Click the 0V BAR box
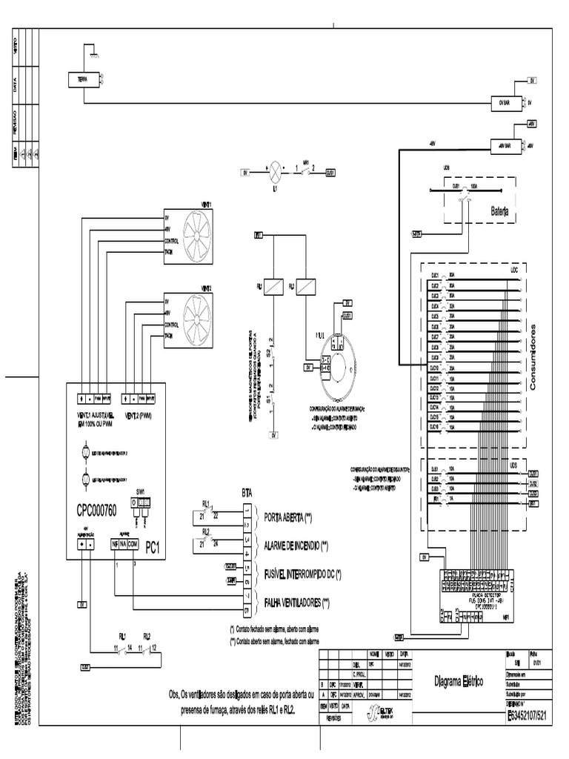pyautogui.click(x=506, y=105)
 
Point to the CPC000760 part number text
pyautogui.click(x=103, y=512)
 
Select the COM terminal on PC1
pyautogui.click(x=133, y=544)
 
